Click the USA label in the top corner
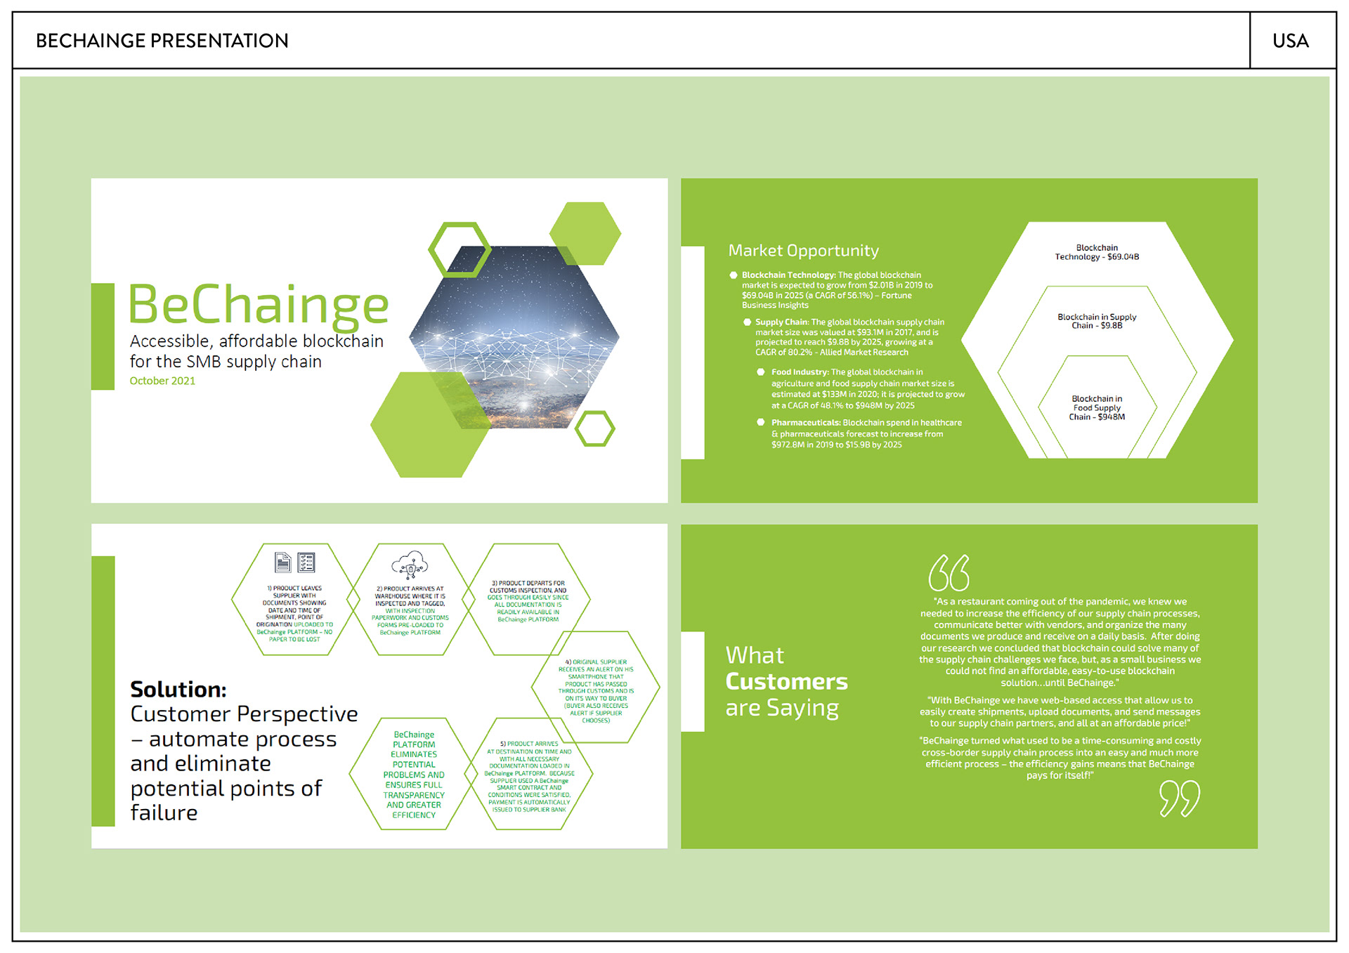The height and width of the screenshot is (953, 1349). tap(1290, 41)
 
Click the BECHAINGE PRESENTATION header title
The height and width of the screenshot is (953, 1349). tap(162, 41)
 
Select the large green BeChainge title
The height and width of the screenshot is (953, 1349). tap(259, 304)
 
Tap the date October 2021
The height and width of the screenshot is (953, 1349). tap(162, 381)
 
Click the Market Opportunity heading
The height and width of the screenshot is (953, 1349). tap(803, 251)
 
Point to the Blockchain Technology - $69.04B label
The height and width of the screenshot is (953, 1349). tap(1097, 252)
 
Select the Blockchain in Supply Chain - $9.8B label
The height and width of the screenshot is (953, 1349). tap(1097, 321)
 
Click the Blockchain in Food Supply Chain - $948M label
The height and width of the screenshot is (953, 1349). tap(1097, 408)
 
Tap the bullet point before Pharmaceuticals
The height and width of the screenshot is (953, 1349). tap(760, 422)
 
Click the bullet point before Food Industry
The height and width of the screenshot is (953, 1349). tap(760, 372)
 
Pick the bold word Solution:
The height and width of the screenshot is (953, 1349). tap(178, 690)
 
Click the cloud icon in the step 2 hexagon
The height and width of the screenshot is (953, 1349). tap(410, 564)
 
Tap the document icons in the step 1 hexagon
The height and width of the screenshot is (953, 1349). tap(295, 563)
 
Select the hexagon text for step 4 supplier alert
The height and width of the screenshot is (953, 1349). tap(596, 691)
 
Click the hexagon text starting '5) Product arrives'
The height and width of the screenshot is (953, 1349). tap(529, 776)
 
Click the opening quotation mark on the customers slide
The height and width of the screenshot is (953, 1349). tap(949, 573)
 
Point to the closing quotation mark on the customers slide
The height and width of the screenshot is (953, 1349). tap(1179, 798)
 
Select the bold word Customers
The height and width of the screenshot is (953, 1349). tap(786, 681)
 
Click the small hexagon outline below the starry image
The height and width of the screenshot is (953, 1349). tap(594, 428)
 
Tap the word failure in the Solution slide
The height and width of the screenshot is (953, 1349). tap(164, 813)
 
